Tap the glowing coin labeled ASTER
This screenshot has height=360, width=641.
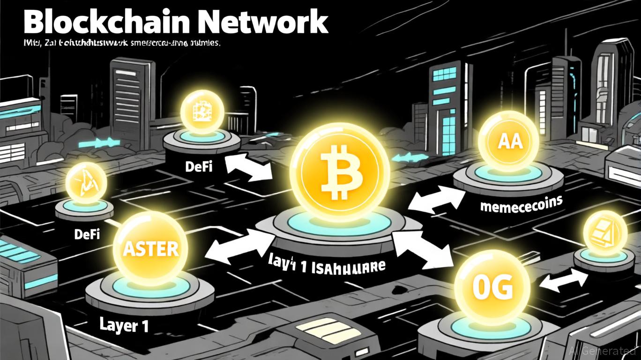point(150,248)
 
